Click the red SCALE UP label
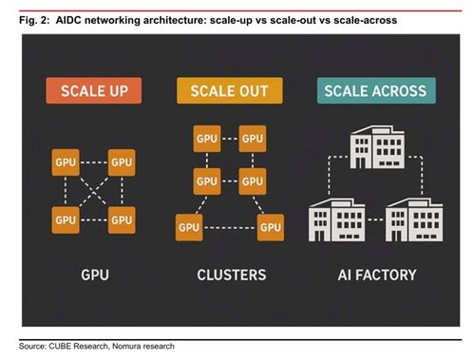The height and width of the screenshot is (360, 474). tap(94, 90)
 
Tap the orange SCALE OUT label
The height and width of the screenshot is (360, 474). tap(230, 90)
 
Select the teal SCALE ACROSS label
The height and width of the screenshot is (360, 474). tap(376, 90)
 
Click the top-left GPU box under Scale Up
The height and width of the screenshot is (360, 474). tap(66, 162)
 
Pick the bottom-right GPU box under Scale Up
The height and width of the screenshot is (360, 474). tap(122, 220)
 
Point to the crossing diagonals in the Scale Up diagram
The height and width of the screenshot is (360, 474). tap(94, 191)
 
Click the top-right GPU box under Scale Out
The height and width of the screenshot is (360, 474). tap(253, 139)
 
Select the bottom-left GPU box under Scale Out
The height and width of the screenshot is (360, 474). tap(189, 227)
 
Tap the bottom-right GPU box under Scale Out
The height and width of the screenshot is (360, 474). tap(271, 227)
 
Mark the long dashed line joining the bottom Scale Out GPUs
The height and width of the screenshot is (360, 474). tap(230, 228)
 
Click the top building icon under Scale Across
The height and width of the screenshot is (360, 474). tap(377, 147)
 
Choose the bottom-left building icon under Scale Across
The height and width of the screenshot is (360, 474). tap(336, 220)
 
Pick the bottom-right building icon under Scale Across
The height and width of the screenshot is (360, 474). tap(414, 220)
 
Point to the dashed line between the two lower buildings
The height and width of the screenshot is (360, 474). tap(375, 219)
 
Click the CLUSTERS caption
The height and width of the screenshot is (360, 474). tap(232, 275)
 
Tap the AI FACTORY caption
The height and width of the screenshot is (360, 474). tap(377, 275)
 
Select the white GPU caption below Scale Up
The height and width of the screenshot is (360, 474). tap(95, 275)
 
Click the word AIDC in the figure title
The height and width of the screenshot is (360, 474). tap(68, 20)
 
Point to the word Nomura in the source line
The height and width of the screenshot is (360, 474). tap(125, 346)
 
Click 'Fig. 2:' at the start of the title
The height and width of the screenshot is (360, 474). tap(34, 21)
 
